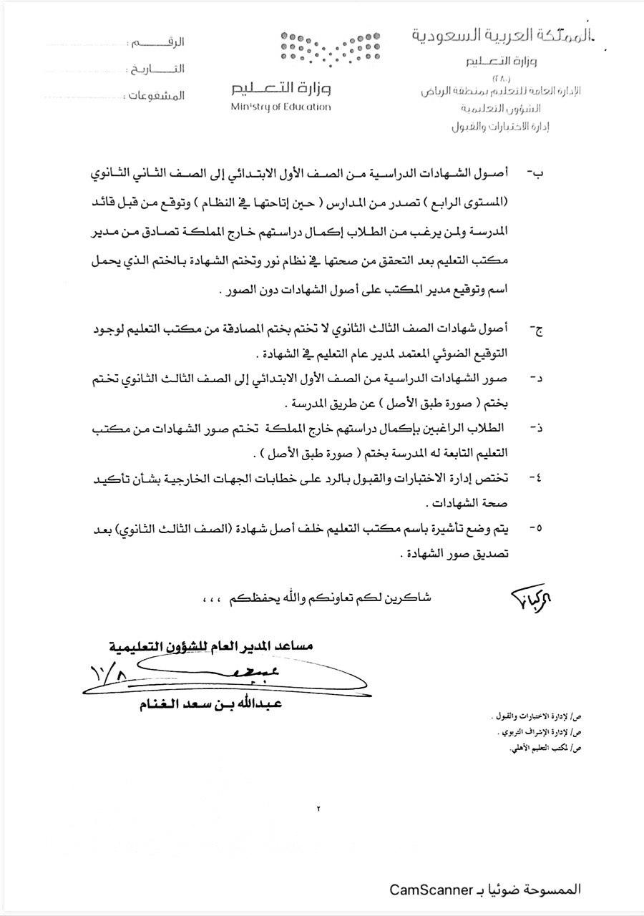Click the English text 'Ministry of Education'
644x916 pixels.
pyautogui.click(x=280, y=107)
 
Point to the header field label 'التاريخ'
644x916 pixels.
pyautogui.click(x=164, y=69)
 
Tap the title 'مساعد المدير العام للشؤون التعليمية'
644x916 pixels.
pyautogui.click(x=212, y=646)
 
